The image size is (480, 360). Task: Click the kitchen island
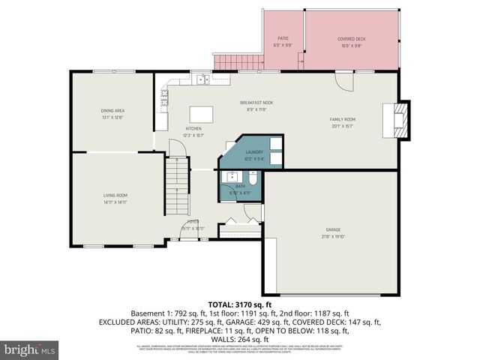tap(201, 113)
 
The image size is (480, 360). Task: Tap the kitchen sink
tap(202, 78)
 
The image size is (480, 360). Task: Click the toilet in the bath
tap(253, 180)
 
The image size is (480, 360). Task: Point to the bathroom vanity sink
tap(227, 178)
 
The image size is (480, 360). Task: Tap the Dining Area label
tap(112, 111)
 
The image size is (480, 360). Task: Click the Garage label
tap(334, 229)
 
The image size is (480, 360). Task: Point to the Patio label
tap(283, 37)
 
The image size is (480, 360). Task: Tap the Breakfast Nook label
tap(256, 103)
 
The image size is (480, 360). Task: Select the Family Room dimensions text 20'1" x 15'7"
tap(342, 126)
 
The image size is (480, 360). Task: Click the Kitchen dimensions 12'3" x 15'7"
tap(194, 136)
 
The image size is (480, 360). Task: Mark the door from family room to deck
tap(343, 79)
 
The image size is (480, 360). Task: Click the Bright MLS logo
tap(30, 349)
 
